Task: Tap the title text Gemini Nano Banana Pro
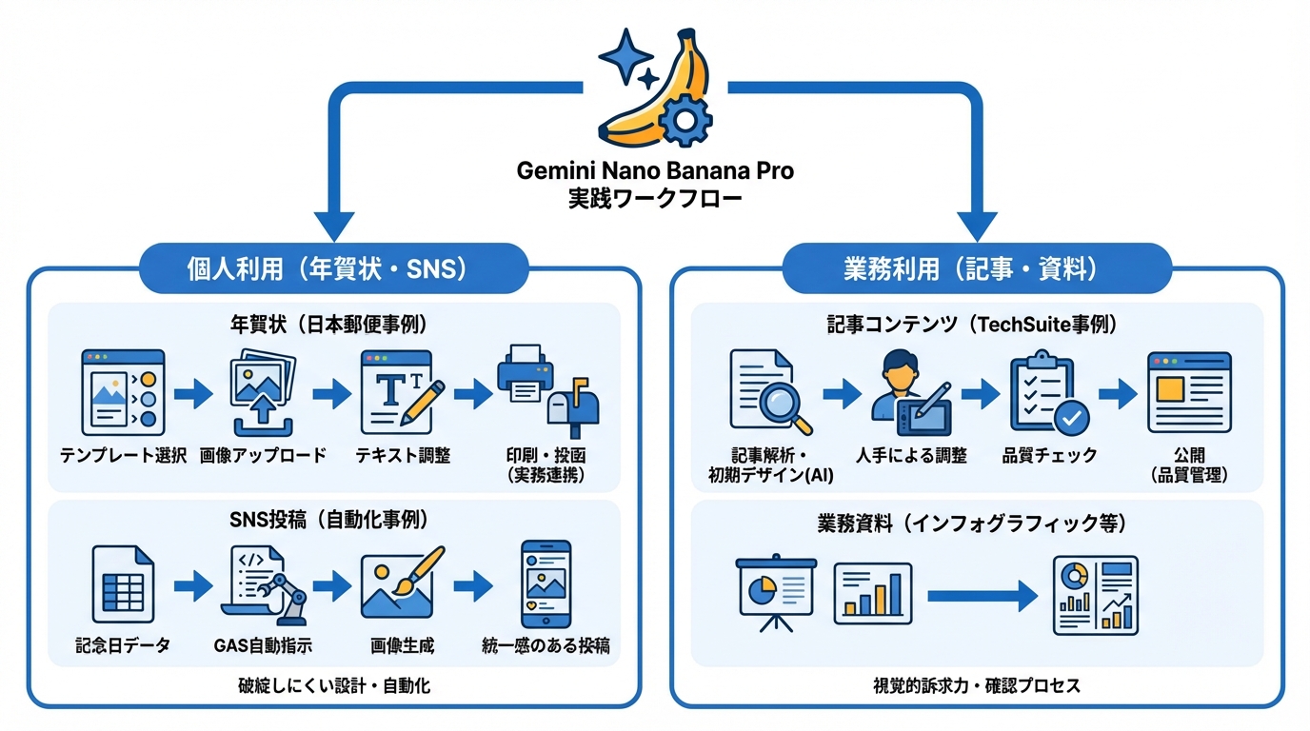point(655,172)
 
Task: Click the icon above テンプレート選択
point(123,392)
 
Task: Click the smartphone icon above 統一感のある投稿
point(546,583)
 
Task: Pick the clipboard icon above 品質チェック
point(1048,392)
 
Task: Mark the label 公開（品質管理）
point(1189,465)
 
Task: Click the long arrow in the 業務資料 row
point(981,597)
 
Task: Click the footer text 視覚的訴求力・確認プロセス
point(976,685)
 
